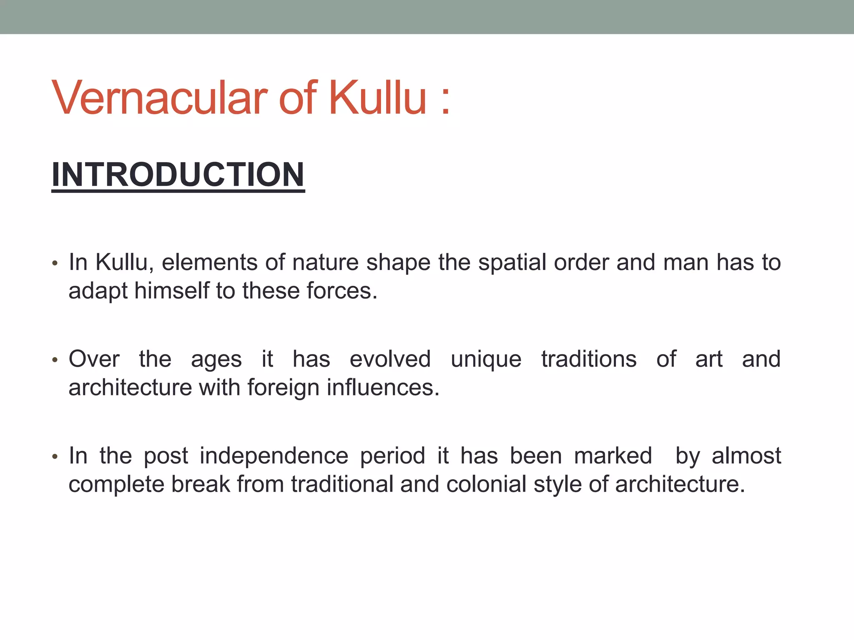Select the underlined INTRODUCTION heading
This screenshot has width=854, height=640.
click(178, 175)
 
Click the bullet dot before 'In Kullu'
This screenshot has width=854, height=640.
click(54, 264)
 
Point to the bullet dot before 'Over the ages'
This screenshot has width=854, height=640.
click(54, 360)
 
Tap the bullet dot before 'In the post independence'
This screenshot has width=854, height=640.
click(54, 457)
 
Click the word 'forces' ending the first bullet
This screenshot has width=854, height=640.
click(342, 290)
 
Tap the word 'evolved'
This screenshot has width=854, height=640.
click(390, 359)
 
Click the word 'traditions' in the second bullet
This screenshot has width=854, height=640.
click(589, 359)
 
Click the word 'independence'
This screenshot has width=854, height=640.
click(274, 456)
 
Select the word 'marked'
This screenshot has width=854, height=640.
click(613, 456)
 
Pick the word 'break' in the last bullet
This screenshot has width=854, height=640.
click(201, 484)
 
